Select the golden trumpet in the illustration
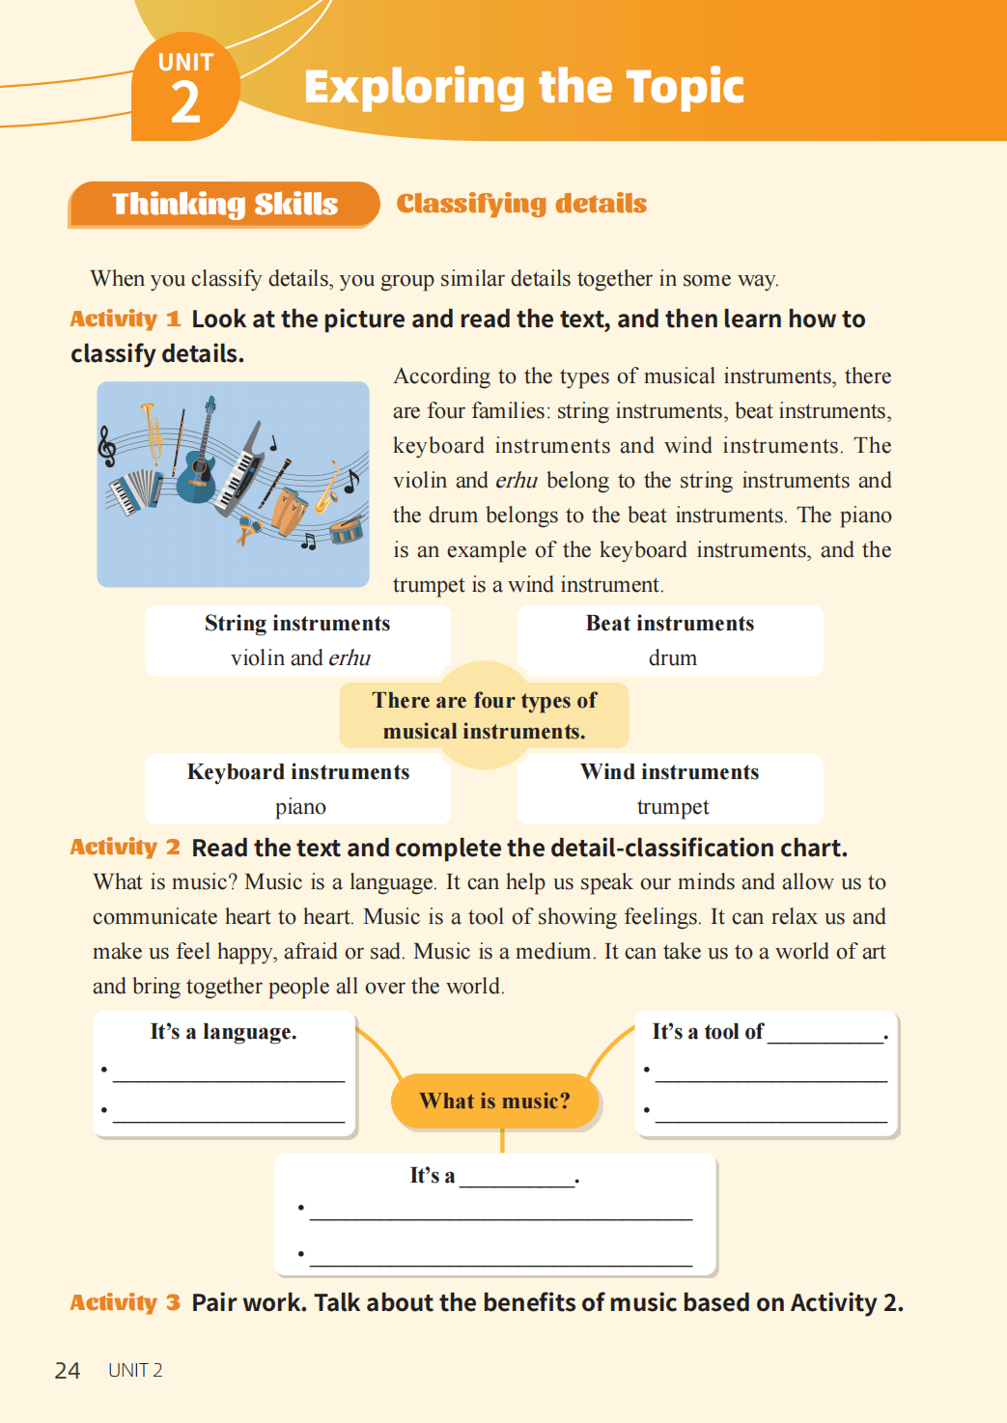[x=152, y=434]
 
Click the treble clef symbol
[x=107, y=446]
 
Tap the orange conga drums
[x=288, y=511]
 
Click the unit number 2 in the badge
[x=185, y=103]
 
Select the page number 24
[x=68, y=1371]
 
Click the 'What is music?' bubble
[x=494, y=1102]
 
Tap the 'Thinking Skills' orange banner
[x=224, y=205]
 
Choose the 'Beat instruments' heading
[x=670, y=624]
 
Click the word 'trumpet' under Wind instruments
[x=673, y=807]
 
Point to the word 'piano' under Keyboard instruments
[x=300, y=807]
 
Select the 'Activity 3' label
[x=125, y=1303]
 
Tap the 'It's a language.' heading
[x=223, y=1032]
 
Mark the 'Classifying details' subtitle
[x=521, y=204]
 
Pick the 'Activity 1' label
[x=125, y=320]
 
